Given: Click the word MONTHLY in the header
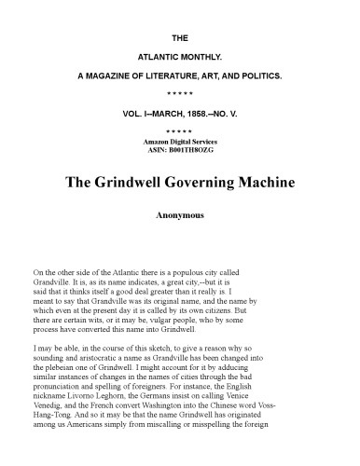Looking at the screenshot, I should coord(199,56).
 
